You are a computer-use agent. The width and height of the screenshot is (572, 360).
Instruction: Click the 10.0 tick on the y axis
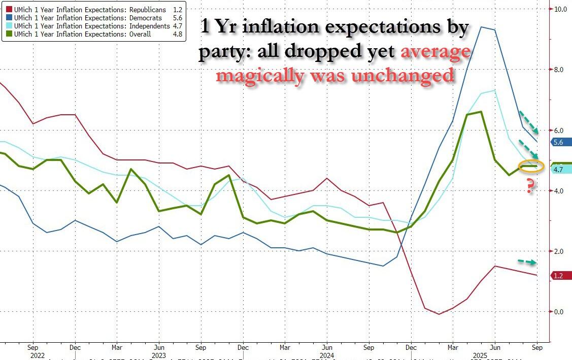pyautogui.click(x=560, y=9)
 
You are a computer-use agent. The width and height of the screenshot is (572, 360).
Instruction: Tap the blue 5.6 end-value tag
pyautogui.click(x=558, y=143)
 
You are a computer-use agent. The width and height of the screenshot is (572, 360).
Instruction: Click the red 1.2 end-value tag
pyautogui.click(x=558, y=276)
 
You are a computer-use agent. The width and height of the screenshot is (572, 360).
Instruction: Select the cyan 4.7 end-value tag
pyautogui.click(x=558, y=170)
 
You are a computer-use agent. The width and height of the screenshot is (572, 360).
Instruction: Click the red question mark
pyautogui.click(x=530, y=186)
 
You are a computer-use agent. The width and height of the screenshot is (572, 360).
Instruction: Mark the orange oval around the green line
pyautogui.click(x=531, y=166)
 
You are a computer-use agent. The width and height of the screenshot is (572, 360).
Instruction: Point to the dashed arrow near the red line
pyautogui.click(x=527, y=262)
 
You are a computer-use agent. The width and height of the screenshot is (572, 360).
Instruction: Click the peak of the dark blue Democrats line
pyautogui.click(x=481, y=27)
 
